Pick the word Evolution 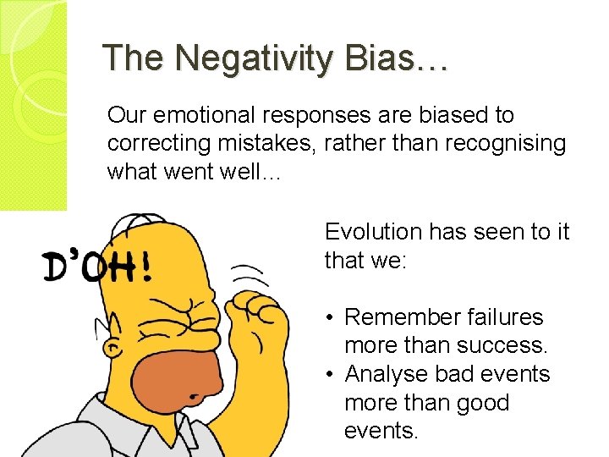click(x=373, y=232)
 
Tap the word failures click(x=506, y=317)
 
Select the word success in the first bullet click(x=502, y=345)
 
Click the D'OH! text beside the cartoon click(x=96, y=267)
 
